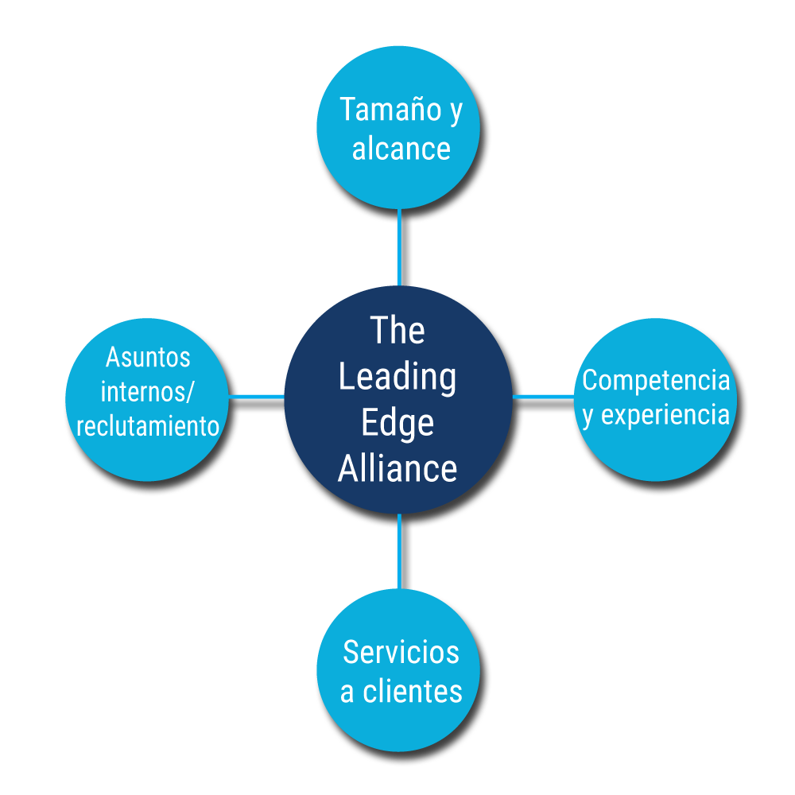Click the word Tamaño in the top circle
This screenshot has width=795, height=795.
point(387,110)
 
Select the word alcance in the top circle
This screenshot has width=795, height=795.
point(401,148)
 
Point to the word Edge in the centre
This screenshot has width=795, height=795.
point(397,422)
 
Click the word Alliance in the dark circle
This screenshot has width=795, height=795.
point(397,468)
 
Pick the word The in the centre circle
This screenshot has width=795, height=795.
point(397,331)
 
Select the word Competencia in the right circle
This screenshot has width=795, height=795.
point(656,381)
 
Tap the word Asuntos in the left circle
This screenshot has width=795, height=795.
point(148,358)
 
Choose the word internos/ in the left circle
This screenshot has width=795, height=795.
point(148,392)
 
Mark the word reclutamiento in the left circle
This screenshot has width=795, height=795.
point(148,426)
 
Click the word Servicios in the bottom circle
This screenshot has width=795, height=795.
point(401,653)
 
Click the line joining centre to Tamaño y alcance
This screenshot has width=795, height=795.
point(399,246)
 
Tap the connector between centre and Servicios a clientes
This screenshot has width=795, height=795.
point(399,551)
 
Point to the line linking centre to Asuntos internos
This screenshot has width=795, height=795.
point(256,395)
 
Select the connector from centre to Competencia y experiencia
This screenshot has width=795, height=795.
point(543,395)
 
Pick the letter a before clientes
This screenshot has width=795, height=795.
point(347,693)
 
